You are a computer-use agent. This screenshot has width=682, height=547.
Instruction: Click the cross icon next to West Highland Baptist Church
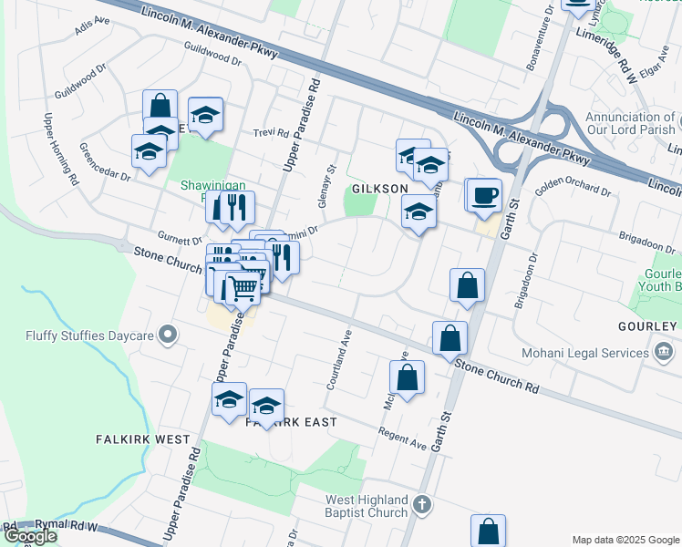421,503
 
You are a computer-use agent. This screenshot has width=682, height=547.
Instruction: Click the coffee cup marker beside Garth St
485,193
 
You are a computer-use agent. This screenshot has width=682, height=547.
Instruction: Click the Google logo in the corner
30,535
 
